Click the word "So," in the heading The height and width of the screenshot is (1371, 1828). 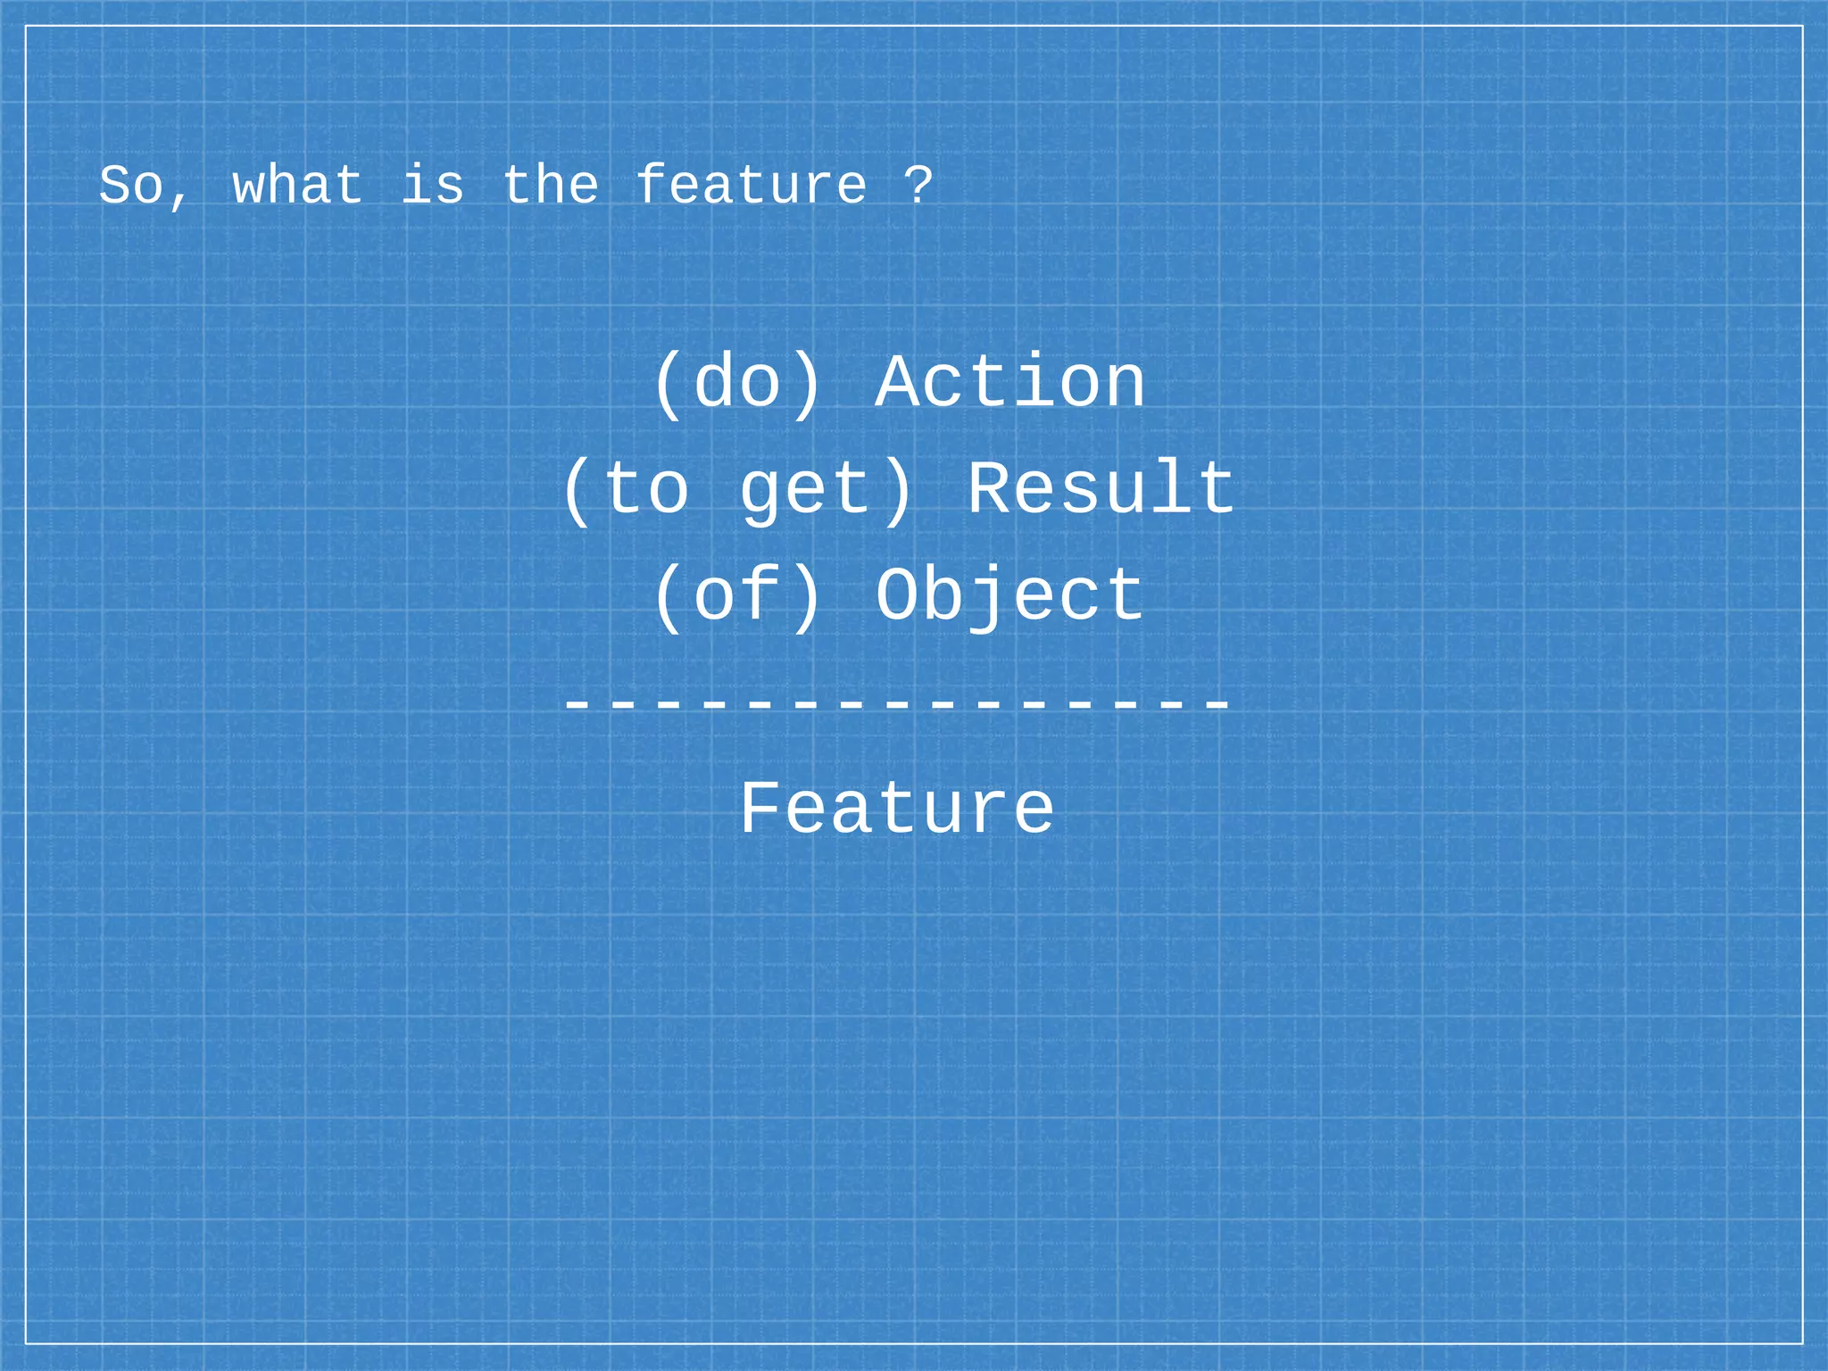pos(143,187)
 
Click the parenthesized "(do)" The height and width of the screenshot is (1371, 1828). pos(737,384)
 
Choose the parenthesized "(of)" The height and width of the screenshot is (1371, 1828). pos(737,596)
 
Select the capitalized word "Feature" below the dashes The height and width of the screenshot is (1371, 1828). pos(897,809)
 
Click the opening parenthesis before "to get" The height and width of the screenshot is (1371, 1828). pos(577,490)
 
